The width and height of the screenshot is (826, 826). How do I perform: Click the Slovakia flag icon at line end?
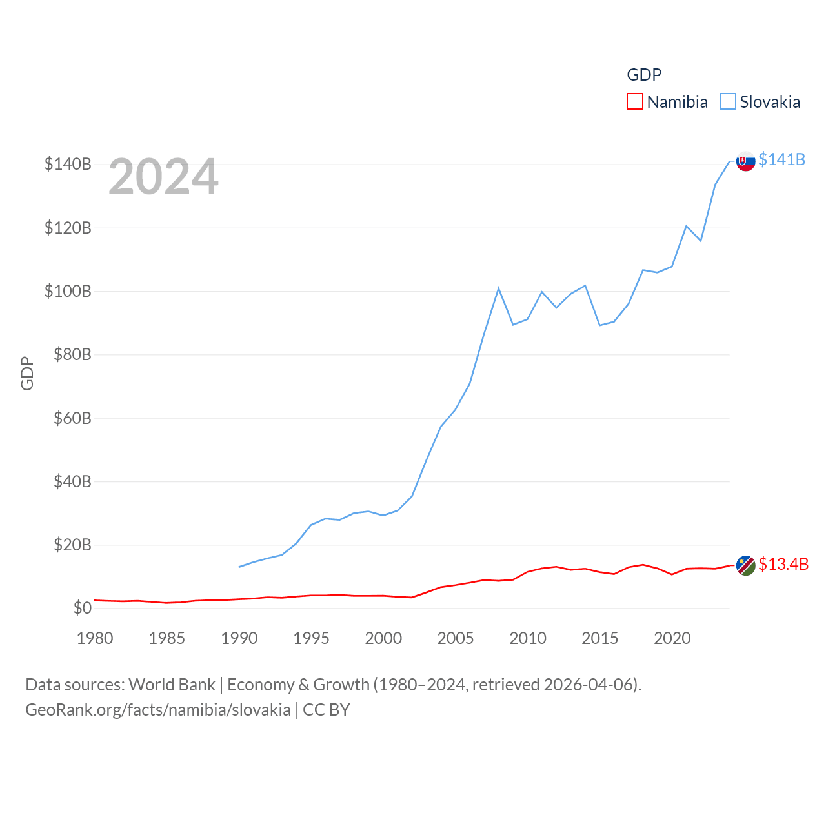[x=746, y=161]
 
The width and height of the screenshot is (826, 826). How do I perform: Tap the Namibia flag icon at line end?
[x=746, y=565]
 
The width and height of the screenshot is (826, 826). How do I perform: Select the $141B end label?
[x=781, y=159]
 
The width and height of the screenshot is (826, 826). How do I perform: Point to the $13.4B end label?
[x=783, y=564]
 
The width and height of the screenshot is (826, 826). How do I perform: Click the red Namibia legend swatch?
[x=635, y=102]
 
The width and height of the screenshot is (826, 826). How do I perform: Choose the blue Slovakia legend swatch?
[x=728, y=102]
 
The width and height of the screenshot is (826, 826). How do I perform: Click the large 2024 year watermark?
[x=163, y=177]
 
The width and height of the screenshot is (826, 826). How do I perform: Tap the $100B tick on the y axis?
[x=68, y=291]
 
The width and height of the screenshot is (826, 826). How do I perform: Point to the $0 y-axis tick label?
[x=82, y=608]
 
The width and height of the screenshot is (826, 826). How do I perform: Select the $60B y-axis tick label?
[x=68, y=418]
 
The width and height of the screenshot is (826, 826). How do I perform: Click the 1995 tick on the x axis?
[x=311, y=638]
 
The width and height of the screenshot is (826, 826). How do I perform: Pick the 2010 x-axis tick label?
[x=528, y=638]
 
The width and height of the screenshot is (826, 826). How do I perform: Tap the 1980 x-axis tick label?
[x=95, y=638]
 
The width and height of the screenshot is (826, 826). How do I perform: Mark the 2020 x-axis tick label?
[x=672, y=638]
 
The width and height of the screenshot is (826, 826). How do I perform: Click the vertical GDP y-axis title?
[x=27, y=373]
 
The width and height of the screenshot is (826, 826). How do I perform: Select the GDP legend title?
[x=644, y=75]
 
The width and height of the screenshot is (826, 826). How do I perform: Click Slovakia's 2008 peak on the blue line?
[x=499, y=288]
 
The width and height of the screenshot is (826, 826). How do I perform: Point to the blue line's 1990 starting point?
[x=239, y=567]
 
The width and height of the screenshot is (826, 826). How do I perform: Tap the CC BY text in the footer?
[x=327, y=710]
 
